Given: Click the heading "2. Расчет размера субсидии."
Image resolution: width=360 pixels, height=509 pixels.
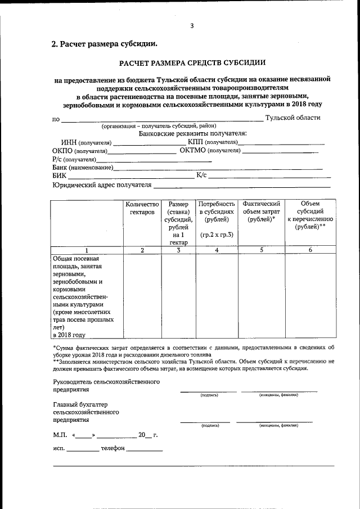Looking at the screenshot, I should (x=105, y=43).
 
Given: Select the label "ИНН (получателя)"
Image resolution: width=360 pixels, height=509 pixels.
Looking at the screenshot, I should (x=86, y=142).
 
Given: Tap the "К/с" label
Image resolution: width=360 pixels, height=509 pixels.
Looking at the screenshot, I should (x=201, y=175).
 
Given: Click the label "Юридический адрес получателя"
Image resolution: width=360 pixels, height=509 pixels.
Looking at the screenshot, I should (x=102, y=185).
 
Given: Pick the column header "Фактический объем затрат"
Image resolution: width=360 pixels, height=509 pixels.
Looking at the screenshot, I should (x=262, y=211).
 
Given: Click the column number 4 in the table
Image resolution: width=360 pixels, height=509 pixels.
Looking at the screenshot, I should (x=217, y=250).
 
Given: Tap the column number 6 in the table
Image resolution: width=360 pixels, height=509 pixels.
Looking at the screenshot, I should (x=310, y=250).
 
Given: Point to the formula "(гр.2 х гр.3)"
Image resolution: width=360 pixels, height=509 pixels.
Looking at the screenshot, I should (x=217, y=234).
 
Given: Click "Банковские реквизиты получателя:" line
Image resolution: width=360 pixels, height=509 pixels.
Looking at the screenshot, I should (x=192, y=133).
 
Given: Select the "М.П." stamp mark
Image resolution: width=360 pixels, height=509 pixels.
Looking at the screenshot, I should (x=60, y=435).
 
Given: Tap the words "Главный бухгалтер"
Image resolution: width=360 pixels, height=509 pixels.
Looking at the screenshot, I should (x=80, y=404).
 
